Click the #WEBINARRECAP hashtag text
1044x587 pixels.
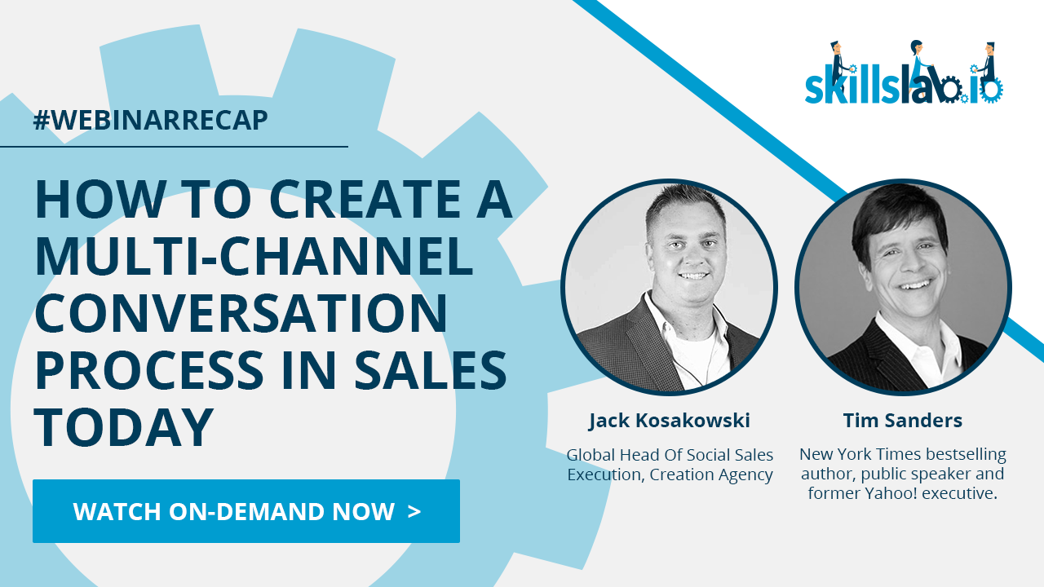151,120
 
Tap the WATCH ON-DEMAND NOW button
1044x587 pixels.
246,511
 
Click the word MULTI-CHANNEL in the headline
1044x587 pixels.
254,256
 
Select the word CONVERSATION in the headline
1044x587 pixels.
241,312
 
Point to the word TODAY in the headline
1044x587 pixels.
124,426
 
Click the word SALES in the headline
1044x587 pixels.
431,370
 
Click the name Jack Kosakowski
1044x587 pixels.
670,421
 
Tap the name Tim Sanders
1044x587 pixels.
903,420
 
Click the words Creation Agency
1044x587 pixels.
711,474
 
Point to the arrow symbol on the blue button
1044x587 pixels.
414,511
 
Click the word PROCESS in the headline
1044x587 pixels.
149,370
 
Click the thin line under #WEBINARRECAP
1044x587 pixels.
174,146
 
